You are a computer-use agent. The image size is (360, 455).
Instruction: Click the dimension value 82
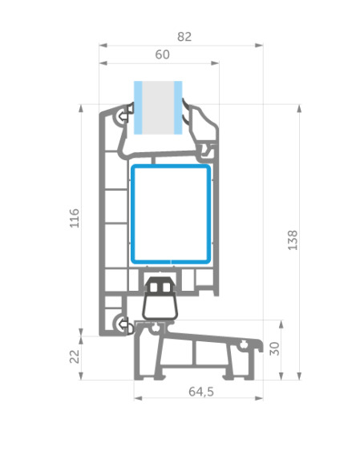184,37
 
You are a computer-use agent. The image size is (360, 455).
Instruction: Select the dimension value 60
162,54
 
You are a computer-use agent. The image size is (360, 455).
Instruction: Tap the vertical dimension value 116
75,218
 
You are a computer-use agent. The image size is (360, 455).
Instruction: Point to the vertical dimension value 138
293,240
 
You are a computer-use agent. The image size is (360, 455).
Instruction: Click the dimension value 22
75,356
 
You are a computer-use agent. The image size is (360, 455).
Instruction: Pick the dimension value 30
274,348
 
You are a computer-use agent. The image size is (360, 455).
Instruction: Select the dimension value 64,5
201,392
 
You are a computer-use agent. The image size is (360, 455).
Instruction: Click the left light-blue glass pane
138,107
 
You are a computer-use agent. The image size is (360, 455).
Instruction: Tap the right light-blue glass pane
178,107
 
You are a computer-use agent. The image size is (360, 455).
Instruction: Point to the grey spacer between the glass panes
158,107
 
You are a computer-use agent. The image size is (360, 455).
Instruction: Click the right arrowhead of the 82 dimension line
259,46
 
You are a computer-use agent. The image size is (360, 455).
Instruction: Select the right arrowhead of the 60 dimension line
215,63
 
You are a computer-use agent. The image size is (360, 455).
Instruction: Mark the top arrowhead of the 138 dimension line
299,108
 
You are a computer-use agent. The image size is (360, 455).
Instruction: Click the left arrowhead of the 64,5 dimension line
138,398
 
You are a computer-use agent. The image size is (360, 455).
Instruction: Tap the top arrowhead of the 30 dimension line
281,324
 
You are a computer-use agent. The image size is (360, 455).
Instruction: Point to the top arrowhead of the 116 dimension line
81,108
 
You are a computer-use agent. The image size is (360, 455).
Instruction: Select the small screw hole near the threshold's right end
244,345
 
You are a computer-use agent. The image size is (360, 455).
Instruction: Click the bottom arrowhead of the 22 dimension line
81,376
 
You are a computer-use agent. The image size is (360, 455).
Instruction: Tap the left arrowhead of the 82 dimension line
103,46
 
